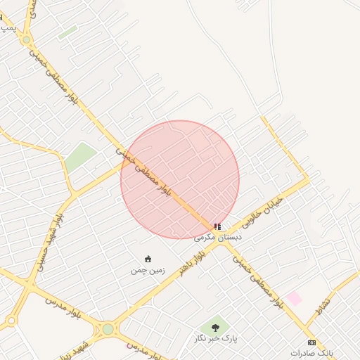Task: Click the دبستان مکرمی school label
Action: (x=218, y=238)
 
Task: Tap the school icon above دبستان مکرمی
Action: (x=217, y=226)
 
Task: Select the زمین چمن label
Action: (x=147, y=270)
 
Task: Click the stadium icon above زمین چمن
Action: (x=148, y=259)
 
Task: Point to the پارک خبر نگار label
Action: (x=216, y=339)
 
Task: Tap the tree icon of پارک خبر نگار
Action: (x=215, y=327)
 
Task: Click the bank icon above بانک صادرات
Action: (x=311, y=342)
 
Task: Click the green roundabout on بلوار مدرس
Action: (x=108, y=328)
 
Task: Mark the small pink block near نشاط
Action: (x=295, y=299)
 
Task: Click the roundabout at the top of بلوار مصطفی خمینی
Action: (x=26, y=40)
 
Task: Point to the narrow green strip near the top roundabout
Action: (x=68, y=32)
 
